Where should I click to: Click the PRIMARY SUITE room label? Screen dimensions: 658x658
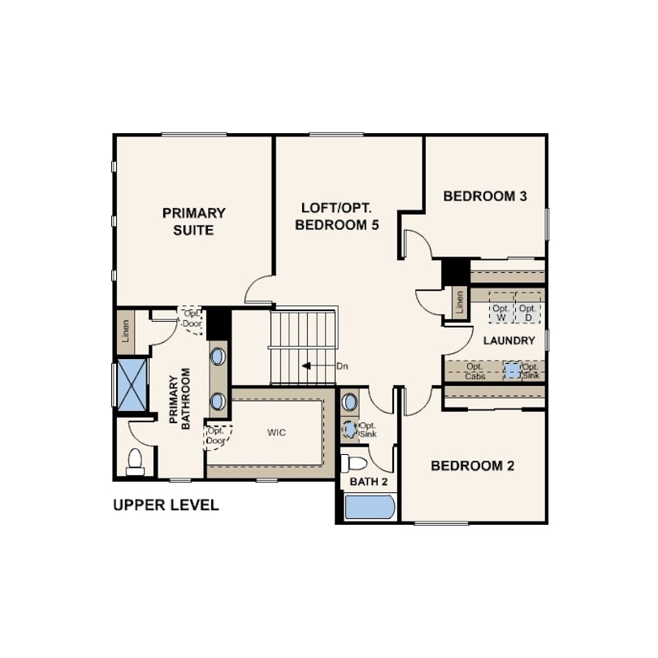[x=194, y=222]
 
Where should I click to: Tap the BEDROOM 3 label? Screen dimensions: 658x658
[x=485, y=196]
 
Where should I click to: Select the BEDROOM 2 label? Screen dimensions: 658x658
[x=473, y=465]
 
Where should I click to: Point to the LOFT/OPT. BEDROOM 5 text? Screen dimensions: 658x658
[x=337, y=217]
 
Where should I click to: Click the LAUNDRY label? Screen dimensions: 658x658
[x=509, y=340]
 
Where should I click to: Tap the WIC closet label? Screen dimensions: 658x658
[x=276, y=432]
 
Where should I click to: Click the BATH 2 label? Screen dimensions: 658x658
[x=369, y=482]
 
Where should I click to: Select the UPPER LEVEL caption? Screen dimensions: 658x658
[x=167, y=504]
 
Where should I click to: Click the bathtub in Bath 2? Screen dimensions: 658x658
[x=370, y=507]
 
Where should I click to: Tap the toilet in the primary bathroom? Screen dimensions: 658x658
[x=135, y=461]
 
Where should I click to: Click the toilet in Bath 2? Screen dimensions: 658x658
[x=353, y=464]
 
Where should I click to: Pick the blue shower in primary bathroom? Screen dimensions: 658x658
[x=132, y=384]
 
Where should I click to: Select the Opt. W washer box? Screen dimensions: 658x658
[x=501, y=308]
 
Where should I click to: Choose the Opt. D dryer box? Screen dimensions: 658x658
[x=528, y=308]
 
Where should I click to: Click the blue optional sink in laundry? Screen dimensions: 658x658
[x=513, y=370]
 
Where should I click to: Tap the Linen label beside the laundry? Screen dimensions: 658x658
[x=460, y=302]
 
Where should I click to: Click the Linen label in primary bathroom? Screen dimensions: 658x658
[x=125, y=331]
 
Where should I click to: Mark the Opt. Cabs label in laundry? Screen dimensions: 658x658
[x=475, y=371]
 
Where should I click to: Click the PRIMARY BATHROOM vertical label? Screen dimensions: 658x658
[x=180, y=398]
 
